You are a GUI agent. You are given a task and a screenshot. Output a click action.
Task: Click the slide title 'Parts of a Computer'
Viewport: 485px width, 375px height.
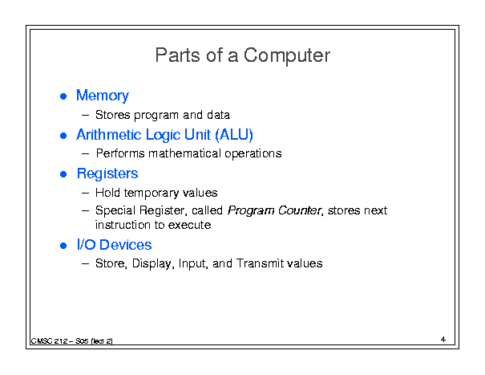point(243,55)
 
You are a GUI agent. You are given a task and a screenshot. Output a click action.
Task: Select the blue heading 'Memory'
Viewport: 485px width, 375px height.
point(103,96)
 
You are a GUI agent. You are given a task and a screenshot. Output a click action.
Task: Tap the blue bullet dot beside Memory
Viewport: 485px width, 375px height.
point(63,96)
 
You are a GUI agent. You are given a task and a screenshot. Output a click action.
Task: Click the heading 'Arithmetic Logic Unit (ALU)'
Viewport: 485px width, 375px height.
point(164,135)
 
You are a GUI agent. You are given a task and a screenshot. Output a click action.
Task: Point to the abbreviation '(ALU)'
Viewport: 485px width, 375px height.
point(234,135)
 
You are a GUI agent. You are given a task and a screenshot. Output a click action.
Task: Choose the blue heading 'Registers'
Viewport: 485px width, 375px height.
point(107,174)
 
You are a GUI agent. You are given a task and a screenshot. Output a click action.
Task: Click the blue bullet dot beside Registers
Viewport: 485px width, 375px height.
point(63,174)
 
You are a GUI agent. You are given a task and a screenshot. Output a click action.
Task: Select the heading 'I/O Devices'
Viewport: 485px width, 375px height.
point(114,245)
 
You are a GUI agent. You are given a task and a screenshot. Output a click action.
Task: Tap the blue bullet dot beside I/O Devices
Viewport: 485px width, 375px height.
point(63,246)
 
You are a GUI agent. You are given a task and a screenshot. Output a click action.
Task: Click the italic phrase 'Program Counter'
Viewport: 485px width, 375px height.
point(274,210)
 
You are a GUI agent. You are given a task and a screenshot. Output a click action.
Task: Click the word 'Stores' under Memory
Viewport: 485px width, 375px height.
point(113,115)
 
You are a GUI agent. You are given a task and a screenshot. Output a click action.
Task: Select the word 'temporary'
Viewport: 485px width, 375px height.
point(152,194)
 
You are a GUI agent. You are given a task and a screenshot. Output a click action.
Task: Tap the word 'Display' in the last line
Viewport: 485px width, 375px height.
point(152,264)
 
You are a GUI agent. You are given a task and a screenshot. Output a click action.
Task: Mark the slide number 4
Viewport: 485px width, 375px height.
point(443,340)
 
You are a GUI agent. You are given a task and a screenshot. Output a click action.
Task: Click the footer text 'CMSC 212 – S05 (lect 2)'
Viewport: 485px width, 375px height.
point(71,341)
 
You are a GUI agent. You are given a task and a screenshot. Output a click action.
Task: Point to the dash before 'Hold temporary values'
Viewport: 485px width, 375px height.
point(85,193)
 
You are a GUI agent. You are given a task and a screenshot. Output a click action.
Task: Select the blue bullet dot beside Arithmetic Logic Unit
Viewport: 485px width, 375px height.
point(63,136)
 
